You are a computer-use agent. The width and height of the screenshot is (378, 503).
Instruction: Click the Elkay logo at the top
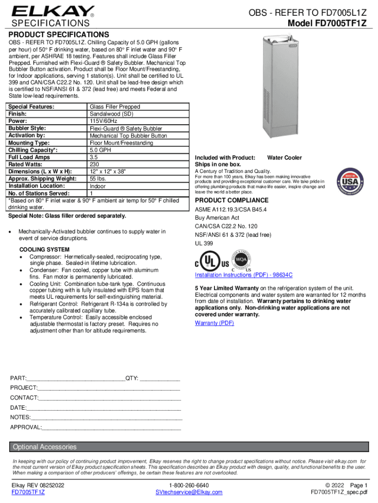54,11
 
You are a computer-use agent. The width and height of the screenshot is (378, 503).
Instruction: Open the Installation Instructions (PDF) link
243,275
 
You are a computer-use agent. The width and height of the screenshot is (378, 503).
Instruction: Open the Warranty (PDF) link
215,323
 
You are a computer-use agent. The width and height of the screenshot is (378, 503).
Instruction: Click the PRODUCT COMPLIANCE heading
232,200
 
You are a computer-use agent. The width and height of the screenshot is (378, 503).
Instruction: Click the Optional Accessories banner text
45,447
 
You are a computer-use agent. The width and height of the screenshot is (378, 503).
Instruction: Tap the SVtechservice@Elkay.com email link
189,492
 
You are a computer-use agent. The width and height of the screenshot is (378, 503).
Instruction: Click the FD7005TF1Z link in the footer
28,492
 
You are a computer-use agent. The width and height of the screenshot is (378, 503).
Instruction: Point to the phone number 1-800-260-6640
189,485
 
